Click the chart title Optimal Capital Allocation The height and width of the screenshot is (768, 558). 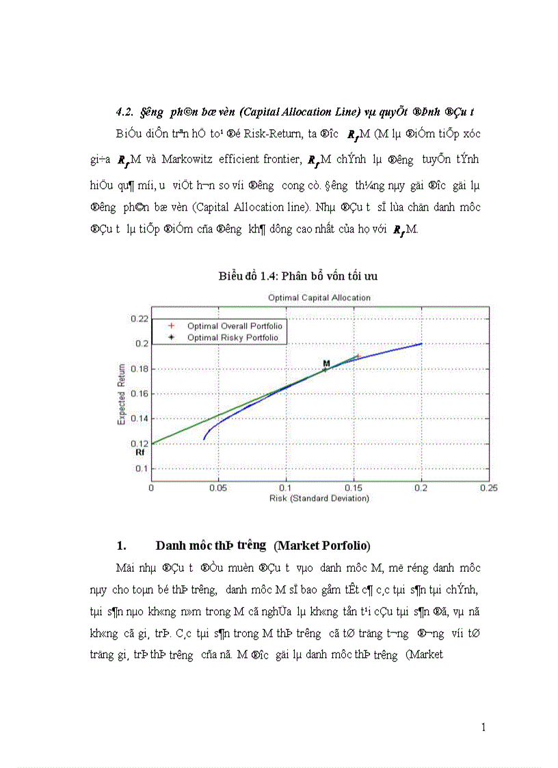(x=319, y=298)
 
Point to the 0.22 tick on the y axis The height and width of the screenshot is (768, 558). (x=139, y=319)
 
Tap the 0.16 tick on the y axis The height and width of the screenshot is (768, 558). (x=139, y=394)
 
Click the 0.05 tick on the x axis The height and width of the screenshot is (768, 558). (x=218, y=488)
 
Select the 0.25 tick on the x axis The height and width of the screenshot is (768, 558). (x=488, y=488)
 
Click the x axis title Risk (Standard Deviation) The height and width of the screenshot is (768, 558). (x=319, y=499)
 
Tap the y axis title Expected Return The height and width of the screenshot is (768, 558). (x=122, y=394)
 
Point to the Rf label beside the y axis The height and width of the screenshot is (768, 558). (x=139, y=452)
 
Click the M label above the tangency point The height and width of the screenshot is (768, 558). (x=326, y=362)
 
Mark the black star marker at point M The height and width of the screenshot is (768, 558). (x=325, y=369)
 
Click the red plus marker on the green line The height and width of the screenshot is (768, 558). (x=356, y=356)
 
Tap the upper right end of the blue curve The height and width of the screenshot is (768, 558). (x=421, y=343)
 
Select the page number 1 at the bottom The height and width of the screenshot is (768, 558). (x=483, y=727)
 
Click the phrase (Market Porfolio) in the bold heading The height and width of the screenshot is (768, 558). (x=322, y=546)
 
